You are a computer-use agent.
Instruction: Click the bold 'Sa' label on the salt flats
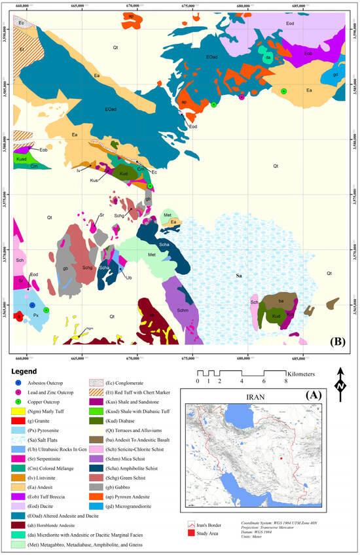point(239,277)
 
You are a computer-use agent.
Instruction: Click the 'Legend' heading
point(28,372)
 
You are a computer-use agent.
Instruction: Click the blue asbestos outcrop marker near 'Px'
point(31,306)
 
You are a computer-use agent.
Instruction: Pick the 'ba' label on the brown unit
point(280,300)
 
